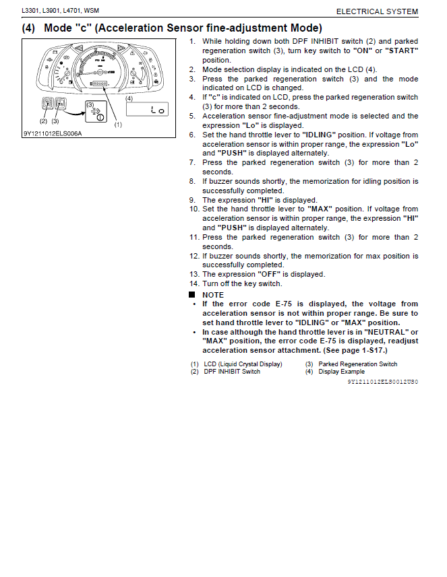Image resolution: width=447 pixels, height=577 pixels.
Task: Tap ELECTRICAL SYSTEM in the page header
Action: [x=377, y=11]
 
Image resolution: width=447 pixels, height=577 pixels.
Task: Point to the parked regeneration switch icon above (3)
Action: [x=59, y=104]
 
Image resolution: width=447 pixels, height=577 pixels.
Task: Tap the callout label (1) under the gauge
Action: [x=118, y=125]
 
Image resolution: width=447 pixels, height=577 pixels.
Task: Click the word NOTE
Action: [x=213, y=295]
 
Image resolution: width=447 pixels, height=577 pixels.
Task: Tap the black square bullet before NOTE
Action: [x=192, y=295]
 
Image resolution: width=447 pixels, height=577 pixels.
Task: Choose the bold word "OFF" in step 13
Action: [x=268, y=274]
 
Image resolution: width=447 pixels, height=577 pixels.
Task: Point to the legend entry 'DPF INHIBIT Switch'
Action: [x=232, y=372]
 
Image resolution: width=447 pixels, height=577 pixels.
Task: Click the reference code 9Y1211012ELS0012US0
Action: [x=382, y=382]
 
